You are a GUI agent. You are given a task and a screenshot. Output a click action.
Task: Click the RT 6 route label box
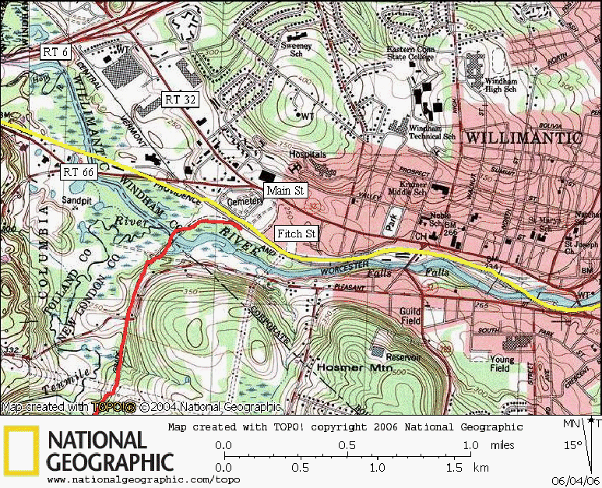point(55,51)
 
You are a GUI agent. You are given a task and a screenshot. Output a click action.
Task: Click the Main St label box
point(285,190)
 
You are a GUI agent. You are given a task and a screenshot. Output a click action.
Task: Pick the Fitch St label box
point(297,233)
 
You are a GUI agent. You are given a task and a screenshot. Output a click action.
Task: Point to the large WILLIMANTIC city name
point(523,138)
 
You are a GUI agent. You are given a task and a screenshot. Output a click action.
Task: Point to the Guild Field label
point(410,316)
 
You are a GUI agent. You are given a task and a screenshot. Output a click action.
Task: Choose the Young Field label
point(502,364)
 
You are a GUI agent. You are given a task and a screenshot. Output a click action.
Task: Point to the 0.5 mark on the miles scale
point(348,446)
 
